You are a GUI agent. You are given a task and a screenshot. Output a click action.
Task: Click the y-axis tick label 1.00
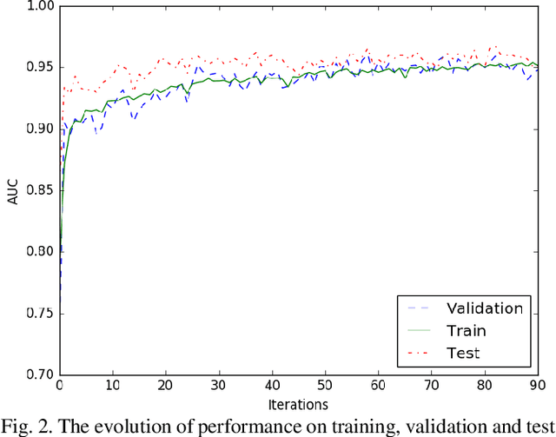tap(39, 6)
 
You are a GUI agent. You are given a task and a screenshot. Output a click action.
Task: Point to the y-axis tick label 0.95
tap(39, 68)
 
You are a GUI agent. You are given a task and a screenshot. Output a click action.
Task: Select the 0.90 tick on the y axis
tap(39, 129)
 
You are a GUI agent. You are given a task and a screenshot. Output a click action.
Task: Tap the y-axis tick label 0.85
tap(39, 190)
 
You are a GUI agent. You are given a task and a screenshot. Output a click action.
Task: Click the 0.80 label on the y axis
tap(39, 252)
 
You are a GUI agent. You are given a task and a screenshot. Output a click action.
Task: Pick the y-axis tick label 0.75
tap(39, 313)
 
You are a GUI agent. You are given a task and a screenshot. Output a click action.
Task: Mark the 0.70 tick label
tap(39, 374)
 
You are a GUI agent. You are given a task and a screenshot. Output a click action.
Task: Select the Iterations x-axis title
tap(297, 405)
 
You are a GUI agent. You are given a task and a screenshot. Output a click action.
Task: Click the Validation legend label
tap(485, 308)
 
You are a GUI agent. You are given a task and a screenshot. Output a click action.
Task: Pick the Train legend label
tap(466, 330)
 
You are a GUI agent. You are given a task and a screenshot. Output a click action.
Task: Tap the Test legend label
tap(462, 353)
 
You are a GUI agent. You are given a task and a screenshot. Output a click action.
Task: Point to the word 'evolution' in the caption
tap(149, 425)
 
